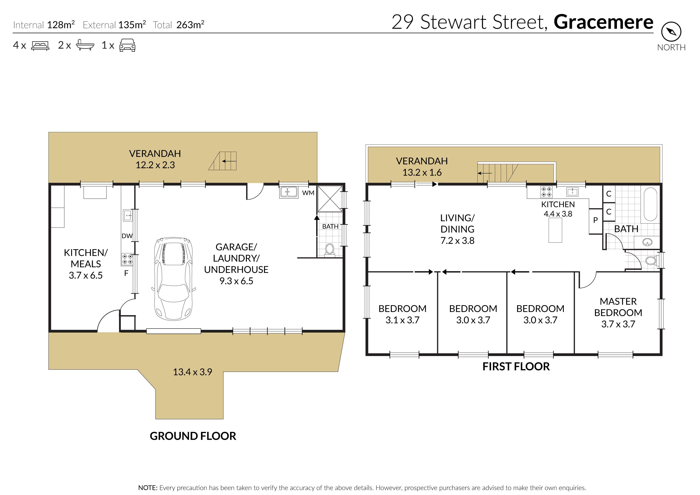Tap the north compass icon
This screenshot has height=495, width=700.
pyautogui.click(x=671, y=31)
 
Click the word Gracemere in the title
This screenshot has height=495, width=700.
pyautogui.click(x=603, y=22)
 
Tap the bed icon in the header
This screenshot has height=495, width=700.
pyautogui.click(x=40, y=46)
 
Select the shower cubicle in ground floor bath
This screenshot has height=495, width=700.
pyautogui.click(x=330, y=198)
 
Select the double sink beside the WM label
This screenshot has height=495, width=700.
pyautogui.click(x=288, y=192)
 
